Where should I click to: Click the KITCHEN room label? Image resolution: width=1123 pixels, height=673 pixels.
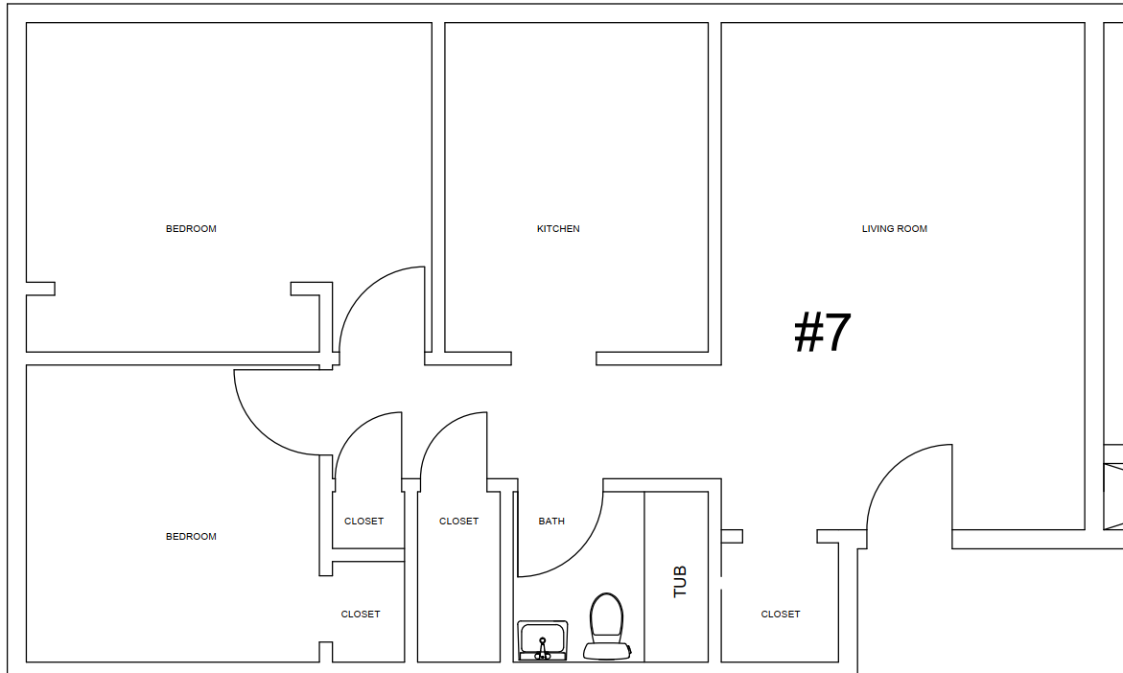pos(558,228)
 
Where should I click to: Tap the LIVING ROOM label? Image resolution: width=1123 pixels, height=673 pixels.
pos(895,228)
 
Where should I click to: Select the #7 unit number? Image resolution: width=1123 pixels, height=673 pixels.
pos(823,333)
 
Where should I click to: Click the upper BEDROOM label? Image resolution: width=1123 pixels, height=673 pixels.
pos(191,228)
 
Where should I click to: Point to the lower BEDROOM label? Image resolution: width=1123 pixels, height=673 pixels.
pos(191,536)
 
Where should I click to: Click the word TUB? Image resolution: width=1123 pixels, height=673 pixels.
pos(680,581)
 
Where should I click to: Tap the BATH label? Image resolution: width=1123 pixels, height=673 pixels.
pos(551,522)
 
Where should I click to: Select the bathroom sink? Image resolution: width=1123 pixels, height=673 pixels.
pos(543,640)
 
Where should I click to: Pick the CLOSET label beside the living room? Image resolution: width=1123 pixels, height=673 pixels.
pos(781,615)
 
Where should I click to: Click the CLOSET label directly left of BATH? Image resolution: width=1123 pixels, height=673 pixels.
pos(459,522)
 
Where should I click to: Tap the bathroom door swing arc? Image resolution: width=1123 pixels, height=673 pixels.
pos(581,553)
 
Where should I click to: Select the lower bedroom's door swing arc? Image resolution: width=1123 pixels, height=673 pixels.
pos(259,429)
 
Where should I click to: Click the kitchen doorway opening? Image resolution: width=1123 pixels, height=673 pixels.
pos(553,359)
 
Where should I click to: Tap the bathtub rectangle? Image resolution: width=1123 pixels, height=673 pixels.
pos(676,576)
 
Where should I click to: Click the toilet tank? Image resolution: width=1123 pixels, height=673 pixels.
pos(607,651)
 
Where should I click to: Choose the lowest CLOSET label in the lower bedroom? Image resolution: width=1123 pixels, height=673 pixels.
pos(361,615)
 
